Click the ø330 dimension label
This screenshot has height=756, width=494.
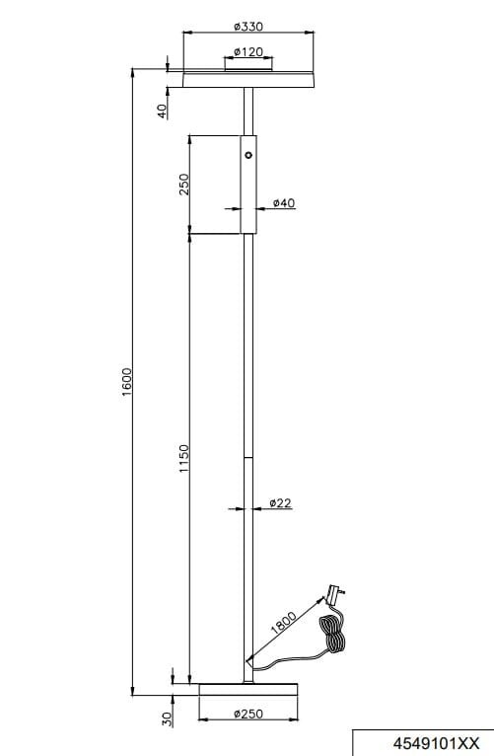click(x=248, y=26)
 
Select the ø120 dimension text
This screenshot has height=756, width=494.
click(x=248, y=51)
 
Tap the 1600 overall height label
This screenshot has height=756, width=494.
click(x=126, y=382)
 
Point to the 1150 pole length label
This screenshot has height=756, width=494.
click(x=184, y=458)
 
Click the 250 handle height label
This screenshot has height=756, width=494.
click(x=184, y=184)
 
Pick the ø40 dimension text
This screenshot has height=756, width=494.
click(x=284, y=203)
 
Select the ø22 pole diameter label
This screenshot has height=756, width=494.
click(x=281, y=503)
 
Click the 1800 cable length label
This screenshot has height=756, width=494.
click(x=283, y=623)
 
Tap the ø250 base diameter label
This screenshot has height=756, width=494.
click(x=248, y=714)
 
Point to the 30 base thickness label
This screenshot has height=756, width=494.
click(x=167, y=718)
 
